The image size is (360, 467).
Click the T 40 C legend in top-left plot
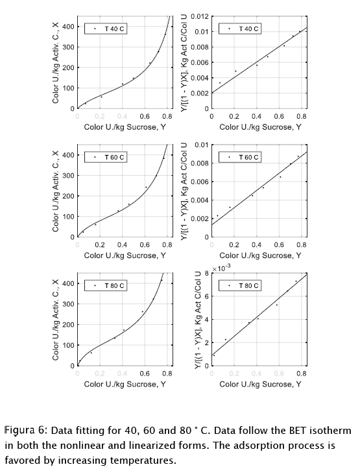[106, 29]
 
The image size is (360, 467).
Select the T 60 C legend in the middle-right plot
[240, 157]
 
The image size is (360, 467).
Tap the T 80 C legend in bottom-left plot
[106, 285]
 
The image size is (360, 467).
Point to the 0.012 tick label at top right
[200, 16]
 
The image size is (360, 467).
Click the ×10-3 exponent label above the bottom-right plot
[221, 268]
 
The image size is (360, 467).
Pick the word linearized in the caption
[156, 446]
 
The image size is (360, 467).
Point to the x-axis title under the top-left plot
[125, 127]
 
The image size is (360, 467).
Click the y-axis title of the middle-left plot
[55, 191]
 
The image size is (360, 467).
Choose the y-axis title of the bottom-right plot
[198, 320]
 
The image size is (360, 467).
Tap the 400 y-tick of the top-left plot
[68, 27]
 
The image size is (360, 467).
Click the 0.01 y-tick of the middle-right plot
[202, 145]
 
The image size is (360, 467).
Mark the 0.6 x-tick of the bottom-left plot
[145, 374]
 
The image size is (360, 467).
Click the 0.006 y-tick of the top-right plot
[200, 62]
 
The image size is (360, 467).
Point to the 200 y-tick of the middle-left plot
[68, 196]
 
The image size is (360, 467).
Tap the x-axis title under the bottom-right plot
[260, 384]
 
